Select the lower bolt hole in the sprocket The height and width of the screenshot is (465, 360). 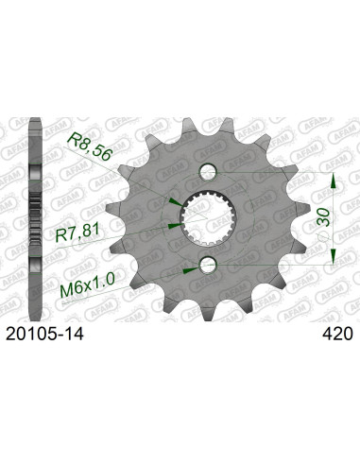[x=209, y=265]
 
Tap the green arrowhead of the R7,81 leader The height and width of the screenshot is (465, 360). [x=173, y=226]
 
